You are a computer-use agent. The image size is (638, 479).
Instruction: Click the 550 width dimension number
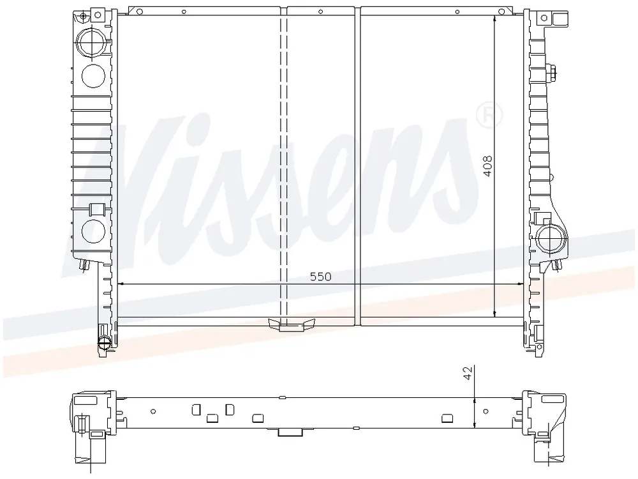(x=321, y=277)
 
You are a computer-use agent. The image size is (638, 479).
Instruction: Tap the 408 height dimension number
(x=487, y=166)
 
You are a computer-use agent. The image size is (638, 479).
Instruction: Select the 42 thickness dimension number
(x=469, y=373)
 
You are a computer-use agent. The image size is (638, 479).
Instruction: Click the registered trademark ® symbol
(x=489, y=116)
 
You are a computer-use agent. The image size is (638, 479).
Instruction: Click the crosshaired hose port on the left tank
(x=93, y=42)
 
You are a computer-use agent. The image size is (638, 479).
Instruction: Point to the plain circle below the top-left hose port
(x=94, y=76)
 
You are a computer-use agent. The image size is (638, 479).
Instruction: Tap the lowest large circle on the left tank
(x=94, y=231)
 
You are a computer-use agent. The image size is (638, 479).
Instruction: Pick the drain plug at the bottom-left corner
(x=104, y=342)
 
